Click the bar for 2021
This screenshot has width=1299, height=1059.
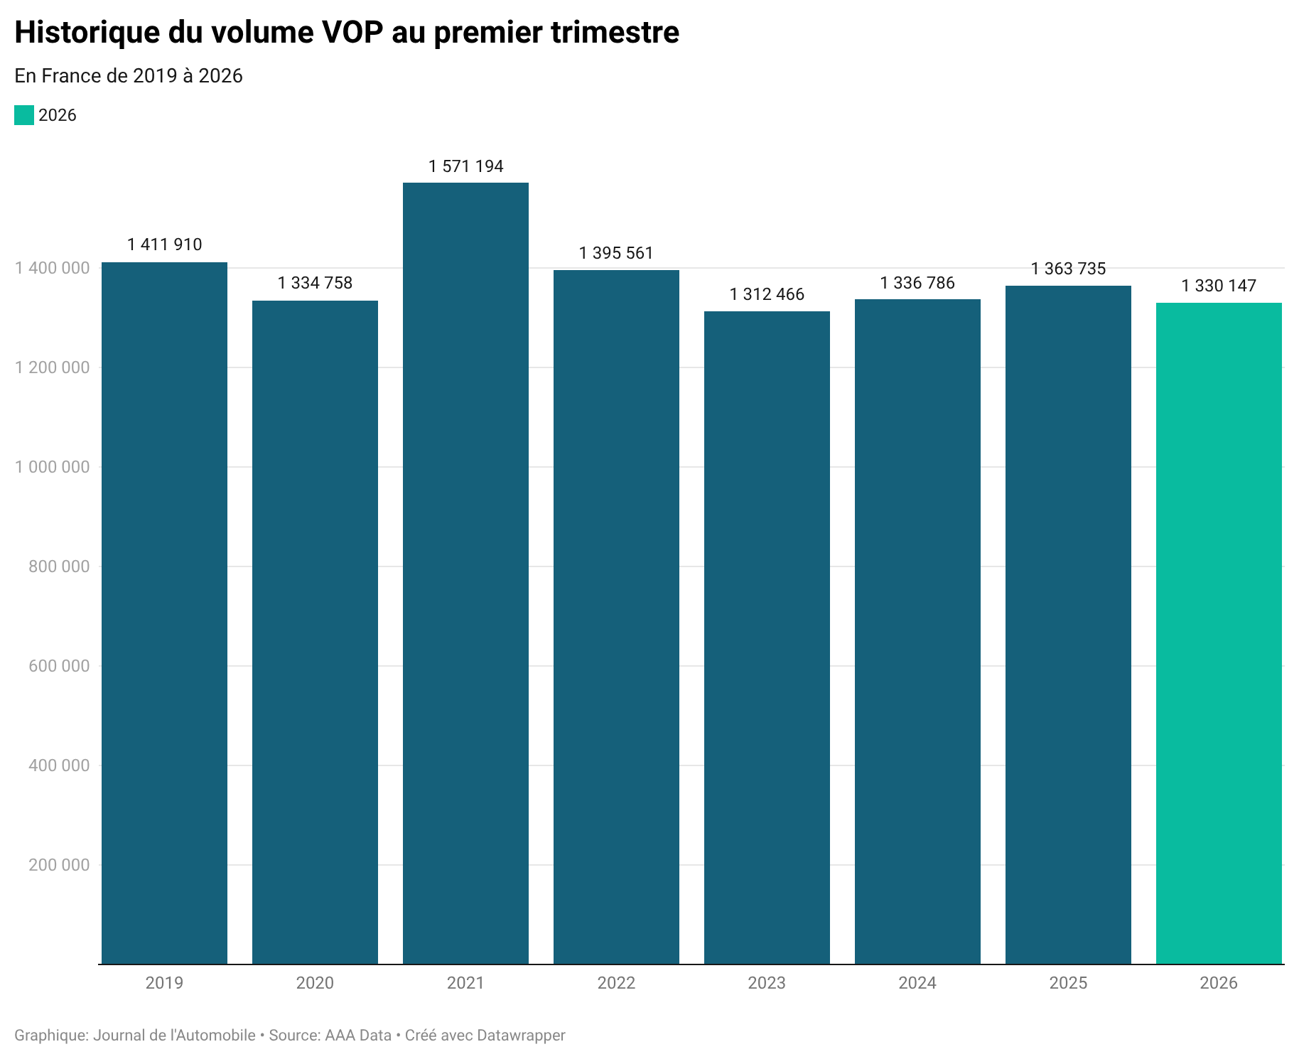coord(465,573)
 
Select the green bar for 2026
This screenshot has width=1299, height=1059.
coord(1219,633)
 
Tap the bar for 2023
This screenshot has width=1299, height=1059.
coord(767,637)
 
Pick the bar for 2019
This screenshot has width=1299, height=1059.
coord(164,613)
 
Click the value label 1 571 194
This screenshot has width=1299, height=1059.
coord(465,166)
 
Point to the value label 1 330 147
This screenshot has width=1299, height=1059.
coord(1219,286)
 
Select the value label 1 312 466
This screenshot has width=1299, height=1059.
coord(767,294)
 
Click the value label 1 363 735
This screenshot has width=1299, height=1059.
coord(1068,269)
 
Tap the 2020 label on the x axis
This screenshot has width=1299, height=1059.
coord(315,983)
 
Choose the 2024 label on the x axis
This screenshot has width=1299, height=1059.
coord(917,983)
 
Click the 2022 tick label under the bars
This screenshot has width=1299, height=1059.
coord(616,983)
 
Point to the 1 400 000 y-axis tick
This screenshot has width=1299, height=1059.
coord(53,268)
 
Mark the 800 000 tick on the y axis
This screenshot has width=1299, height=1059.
coord(60,566)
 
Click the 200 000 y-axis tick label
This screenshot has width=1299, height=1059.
coord(60,865)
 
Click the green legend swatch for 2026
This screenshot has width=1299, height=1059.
coord(24,115)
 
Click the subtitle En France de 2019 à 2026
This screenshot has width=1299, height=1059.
coord(129,75)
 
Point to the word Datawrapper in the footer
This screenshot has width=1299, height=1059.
coord(521,1035)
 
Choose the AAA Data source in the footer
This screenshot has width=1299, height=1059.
coord(358,1035)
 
